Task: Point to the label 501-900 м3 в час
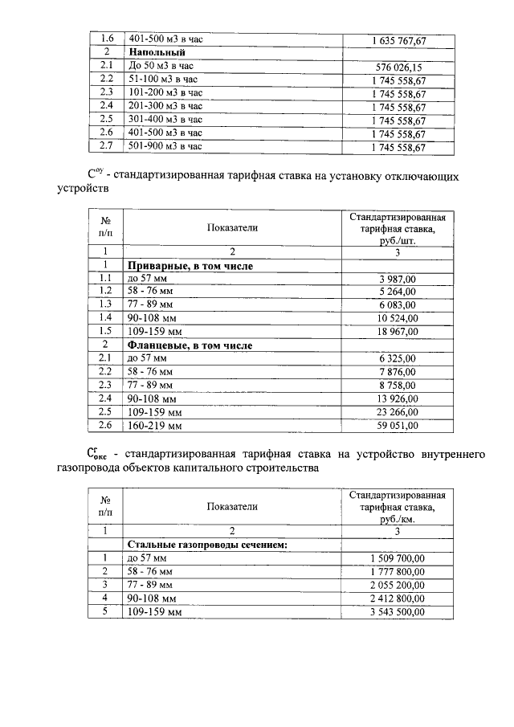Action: pos(164,146)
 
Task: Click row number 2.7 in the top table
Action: pos(105,146)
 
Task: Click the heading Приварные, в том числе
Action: pos(190,265)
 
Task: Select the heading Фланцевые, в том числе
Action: pos(190,345)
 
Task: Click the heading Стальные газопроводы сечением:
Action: pos(207,545)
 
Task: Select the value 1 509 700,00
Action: pos(398,558)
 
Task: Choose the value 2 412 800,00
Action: pos(398,598)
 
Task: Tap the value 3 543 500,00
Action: pos(398,612)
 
